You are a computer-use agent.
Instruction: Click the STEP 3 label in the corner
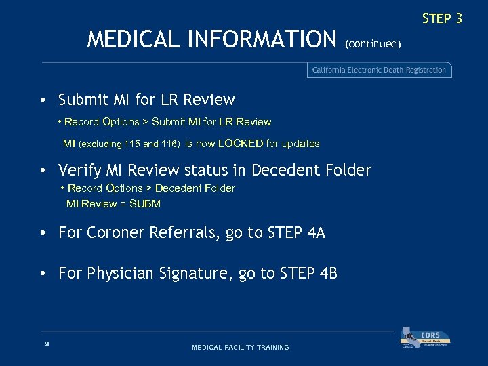click(441, 18)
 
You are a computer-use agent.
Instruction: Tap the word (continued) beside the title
click(373, 44)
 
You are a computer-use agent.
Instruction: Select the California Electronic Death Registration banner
click(379, 70)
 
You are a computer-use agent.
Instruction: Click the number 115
click(133, 144)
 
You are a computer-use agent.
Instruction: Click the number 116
click(169, 144)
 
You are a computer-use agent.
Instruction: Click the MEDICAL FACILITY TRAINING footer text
click(241, 347)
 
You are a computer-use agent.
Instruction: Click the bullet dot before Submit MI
click(43, 100)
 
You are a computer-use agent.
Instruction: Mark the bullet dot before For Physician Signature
click(43, 274)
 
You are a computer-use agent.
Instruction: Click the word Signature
click(196, 273)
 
